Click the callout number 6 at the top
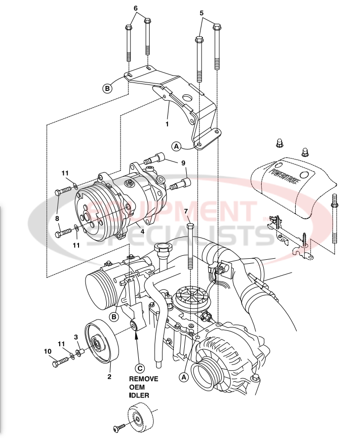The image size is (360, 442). (136, 8)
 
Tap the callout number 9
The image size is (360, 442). (183, 162)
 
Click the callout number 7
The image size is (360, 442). (186, 212)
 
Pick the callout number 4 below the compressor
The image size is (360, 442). (142, 231)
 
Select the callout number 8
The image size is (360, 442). (57, 218)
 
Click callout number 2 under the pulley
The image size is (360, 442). (109, 377)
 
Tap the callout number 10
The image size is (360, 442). (48, 351)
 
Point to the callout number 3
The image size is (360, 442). (76, 337)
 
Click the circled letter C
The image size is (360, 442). (140, 367)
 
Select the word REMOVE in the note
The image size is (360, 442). (144, 379)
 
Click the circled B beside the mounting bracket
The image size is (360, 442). (107, 88)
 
